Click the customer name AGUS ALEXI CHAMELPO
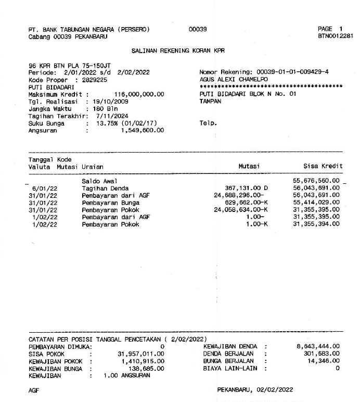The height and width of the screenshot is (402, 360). coord(230,79)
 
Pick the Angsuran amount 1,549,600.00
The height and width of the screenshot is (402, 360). coord(142,131)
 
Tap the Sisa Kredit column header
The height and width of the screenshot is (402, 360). coord(323,166)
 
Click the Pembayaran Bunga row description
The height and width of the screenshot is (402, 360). coord(107,203)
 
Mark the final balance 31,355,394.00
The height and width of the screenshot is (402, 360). coord(316,224)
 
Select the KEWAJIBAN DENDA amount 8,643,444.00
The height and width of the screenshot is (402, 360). coord(318,346)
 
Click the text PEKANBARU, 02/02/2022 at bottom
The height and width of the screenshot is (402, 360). coord(255,389)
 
